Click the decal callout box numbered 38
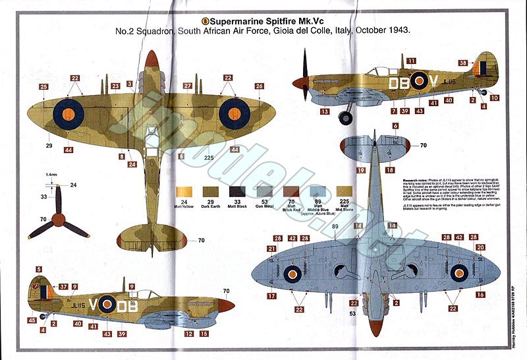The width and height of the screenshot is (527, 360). tap(463, 63)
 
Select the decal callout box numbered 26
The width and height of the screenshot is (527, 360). tap(259, 86)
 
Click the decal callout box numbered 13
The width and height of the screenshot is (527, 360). tap(325, 112)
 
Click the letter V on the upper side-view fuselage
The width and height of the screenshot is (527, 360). tap(434, 82)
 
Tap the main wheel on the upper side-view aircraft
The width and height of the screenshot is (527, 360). tap(345, 118)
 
